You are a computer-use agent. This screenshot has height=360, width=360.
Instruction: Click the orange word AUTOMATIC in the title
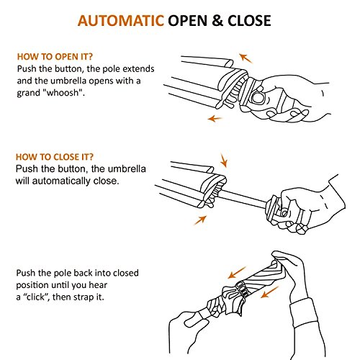tap(121, 21)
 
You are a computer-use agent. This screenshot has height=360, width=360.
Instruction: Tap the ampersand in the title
tap(217, 21)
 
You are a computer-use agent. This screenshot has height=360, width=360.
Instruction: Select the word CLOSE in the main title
tap(249, 21)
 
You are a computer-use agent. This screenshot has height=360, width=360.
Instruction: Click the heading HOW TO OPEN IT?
tap(55, 57)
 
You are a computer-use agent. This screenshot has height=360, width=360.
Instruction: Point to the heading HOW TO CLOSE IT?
tap(55, 157)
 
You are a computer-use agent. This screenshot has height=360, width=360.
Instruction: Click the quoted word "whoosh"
tap(63, 93)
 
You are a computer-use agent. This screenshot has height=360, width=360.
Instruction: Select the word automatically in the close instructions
tap(61, 181)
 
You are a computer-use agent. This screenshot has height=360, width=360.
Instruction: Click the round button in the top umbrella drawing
tap(258, 98)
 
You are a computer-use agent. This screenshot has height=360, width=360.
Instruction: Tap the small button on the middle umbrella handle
tap(284, 213)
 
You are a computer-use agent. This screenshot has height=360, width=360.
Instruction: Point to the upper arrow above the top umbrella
tap(246, 58)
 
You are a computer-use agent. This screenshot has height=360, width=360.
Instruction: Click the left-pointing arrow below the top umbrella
tap(215, 118)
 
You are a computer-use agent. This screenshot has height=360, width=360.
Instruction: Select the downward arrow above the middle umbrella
tap(224, 160)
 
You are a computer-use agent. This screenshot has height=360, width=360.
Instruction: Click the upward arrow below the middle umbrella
tap(200, 220)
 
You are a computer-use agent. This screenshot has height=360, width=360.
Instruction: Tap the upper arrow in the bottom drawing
tap(237, 273)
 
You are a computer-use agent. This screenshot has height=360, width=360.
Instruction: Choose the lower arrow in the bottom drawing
tap(270, 292)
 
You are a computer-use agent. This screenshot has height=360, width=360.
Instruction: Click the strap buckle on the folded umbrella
tap(243, 289)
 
